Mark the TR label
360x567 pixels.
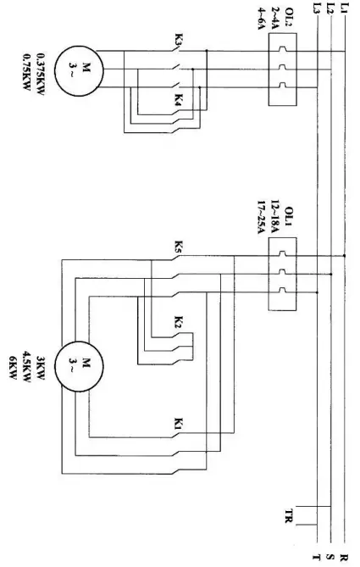(290, 514)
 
